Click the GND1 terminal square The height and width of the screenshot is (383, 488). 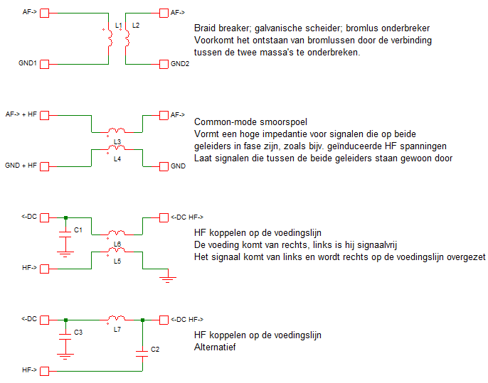tap(45, 64)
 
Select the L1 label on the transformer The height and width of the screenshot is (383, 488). tap(119, 26)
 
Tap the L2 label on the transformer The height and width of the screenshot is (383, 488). tap(136, 26)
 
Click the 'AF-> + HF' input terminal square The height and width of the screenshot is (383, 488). tap(45, 114)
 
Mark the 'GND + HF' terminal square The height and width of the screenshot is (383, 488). tap(45, 166)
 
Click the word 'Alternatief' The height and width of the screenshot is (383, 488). tap(216, 347)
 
